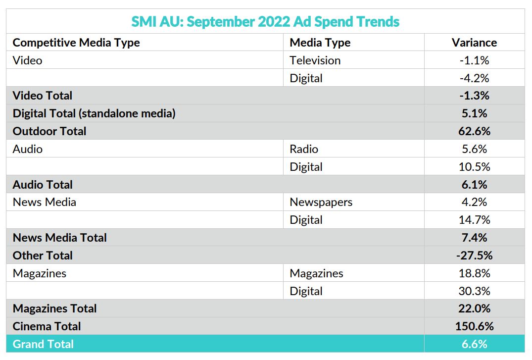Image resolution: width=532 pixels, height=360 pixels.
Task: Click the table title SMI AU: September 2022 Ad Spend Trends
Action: click(265, 22)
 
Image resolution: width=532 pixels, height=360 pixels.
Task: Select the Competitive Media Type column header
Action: click(76, 43)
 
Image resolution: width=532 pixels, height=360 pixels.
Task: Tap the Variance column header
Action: click(474, 43)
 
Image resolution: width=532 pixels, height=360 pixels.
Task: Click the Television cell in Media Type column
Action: click(315, 60)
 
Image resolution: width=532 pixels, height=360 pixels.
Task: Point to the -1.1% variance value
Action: click(474, 60)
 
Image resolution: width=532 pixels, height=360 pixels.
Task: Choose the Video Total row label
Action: click(43, 96)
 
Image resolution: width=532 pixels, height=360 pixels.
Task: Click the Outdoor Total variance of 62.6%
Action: click(474, 131)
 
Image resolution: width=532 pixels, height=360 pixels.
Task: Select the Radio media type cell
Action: click(304, 149)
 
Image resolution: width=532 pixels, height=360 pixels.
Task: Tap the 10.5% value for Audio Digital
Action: click(474, 167)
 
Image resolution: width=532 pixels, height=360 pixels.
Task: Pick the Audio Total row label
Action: click(43, 185)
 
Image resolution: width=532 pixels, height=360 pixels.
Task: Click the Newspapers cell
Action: click(321, 202)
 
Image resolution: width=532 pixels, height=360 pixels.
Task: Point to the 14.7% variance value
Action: click(474, 220)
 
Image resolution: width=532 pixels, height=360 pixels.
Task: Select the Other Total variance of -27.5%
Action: click(474, 256)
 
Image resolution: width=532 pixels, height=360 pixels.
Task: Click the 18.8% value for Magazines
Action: click(474, 273)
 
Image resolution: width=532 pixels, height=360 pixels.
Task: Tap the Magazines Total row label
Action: click(55, 309)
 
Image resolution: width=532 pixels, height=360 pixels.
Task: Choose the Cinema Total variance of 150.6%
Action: click(474, 326)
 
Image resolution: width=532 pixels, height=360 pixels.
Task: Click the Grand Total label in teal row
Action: click(43, 344)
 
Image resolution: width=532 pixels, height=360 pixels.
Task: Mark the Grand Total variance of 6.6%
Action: click(474, 344)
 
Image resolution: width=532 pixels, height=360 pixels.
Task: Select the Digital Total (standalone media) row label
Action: click(94, 113)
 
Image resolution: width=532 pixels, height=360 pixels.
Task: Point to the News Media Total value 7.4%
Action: click(474, 238)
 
